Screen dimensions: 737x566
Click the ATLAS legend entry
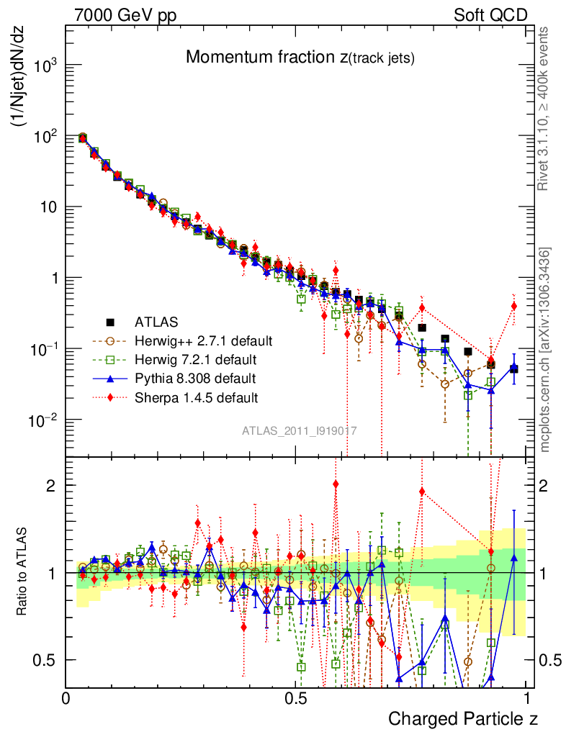155,321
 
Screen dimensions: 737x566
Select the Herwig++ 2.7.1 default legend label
203,340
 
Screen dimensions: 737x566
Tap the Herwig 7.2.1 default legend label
195,358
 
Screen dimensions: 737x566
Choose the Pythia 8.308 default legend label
195,378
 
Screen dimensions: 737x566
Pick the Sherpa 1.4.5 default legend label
196,397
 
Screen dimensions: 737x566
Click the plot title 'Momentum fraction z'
300,58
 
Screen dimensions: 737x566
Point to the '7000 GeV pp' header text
125,15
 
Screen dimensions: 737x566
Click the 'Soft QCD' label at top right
490,15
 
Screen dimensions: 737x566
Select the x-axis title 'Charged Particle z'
463,718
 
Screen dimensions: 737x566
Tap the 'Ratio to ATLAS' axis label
22,569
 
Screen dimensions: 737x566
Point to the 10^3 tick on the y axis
43,66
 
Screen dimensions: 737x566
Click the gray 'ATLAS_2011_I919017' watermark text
300,430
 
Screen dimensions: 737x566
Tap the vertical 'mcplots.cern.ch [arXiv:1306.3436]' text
545,349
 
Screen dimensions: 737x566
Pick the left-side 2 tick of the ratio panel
50,485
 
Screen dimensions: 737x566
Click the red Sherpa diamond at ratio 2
336,484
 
